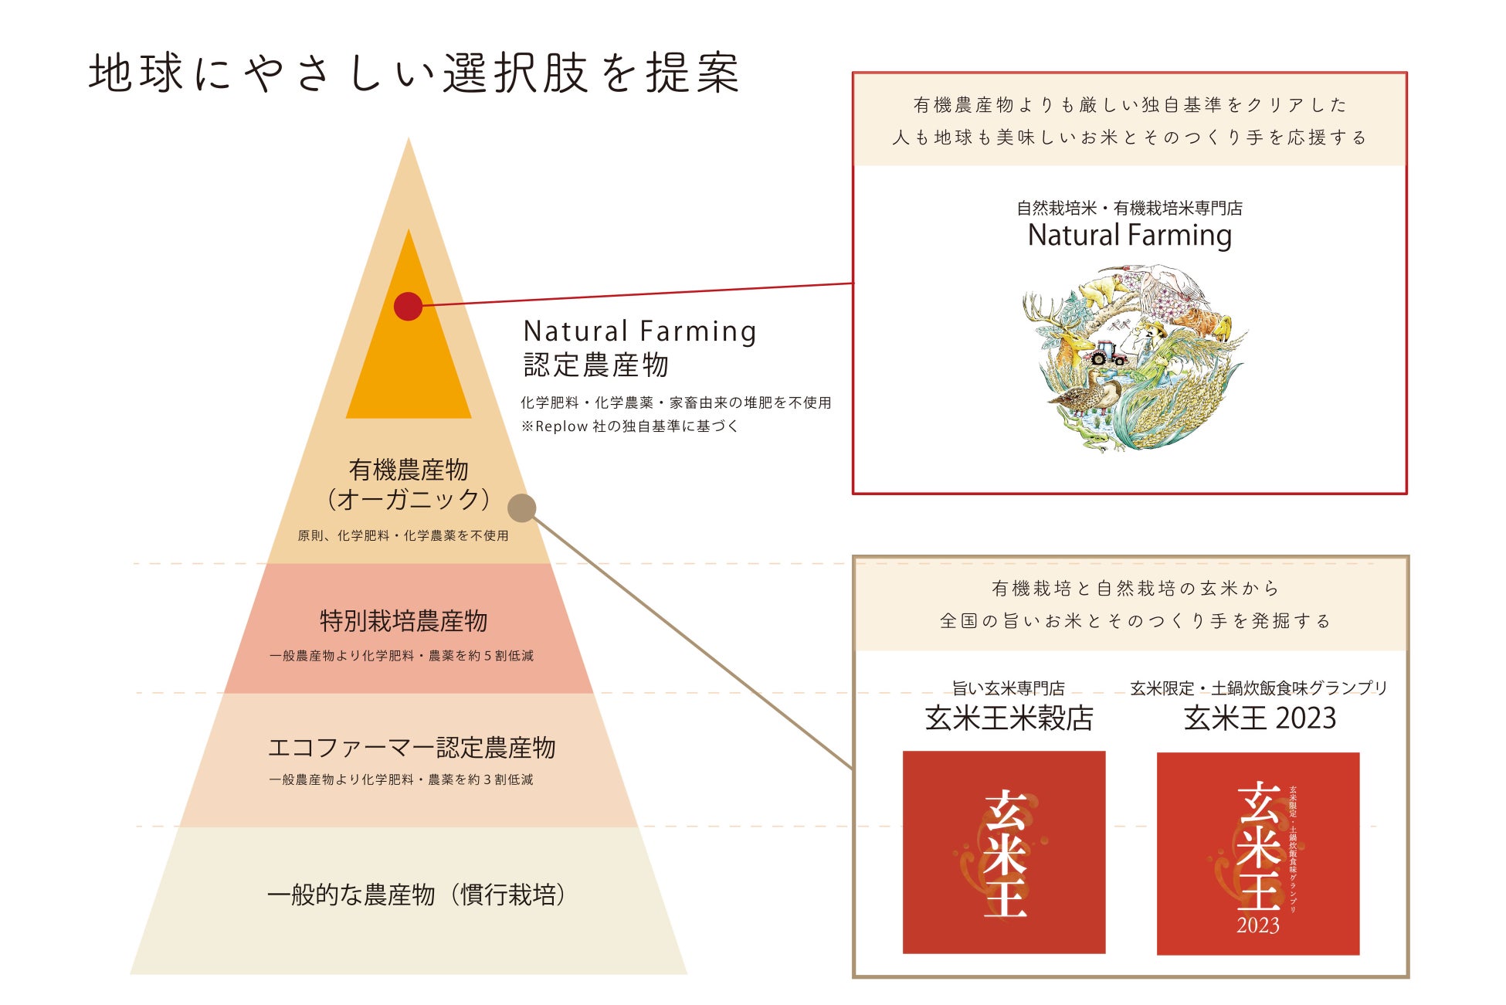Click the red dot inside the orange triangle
[408, 306]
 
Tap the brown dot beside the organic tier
[522, 508]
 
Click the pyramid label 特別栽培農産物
[403, 621]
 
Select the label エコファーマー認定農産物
[411, 748]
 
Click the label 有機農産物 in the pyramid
[409, 470]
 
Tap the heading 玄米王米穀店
[1009, 718]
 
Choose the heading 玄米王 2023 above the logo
[1260, 718]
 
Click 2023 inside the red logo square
[1257, 925]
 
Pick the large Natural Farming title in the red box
[1129, 235]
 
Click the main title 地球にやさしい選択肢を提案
[414, 73]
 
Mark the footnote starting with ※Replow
[629, 426]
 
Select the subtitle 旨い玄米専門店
[1008, 688]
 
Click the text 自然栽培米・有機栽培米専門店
[1129, 208]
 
